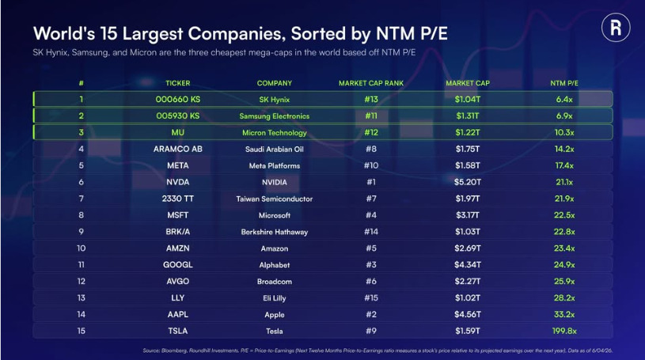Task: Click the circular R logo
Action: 616,28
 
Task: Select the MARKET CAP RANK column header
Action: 371,83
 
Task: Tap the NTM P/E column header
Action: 564,83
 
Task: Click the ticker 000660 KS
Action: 178,99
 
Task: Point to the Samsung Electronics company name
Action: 275,116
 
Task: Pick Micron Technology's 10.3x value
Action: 564,132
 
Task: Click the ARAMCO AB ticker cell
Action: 178,149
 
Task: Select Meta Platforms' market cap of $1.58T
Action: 468,165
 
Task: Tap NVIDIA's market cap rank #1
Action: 371,182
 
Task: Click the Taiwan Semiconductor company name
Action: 275,199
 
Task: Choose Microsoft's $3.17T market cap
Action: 468,215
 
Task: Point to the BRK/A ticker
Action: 178,232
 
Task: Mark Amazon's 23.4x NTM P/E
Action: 564,248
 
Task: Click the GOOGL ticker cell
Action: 178,264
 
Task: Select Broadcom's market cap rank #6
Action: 371,282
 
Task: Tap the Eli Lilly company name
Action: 275,297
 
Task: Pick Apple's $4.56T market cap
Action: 468,314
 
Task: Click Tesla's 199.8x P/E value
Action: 564,331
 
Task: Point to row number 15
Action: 81,331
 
